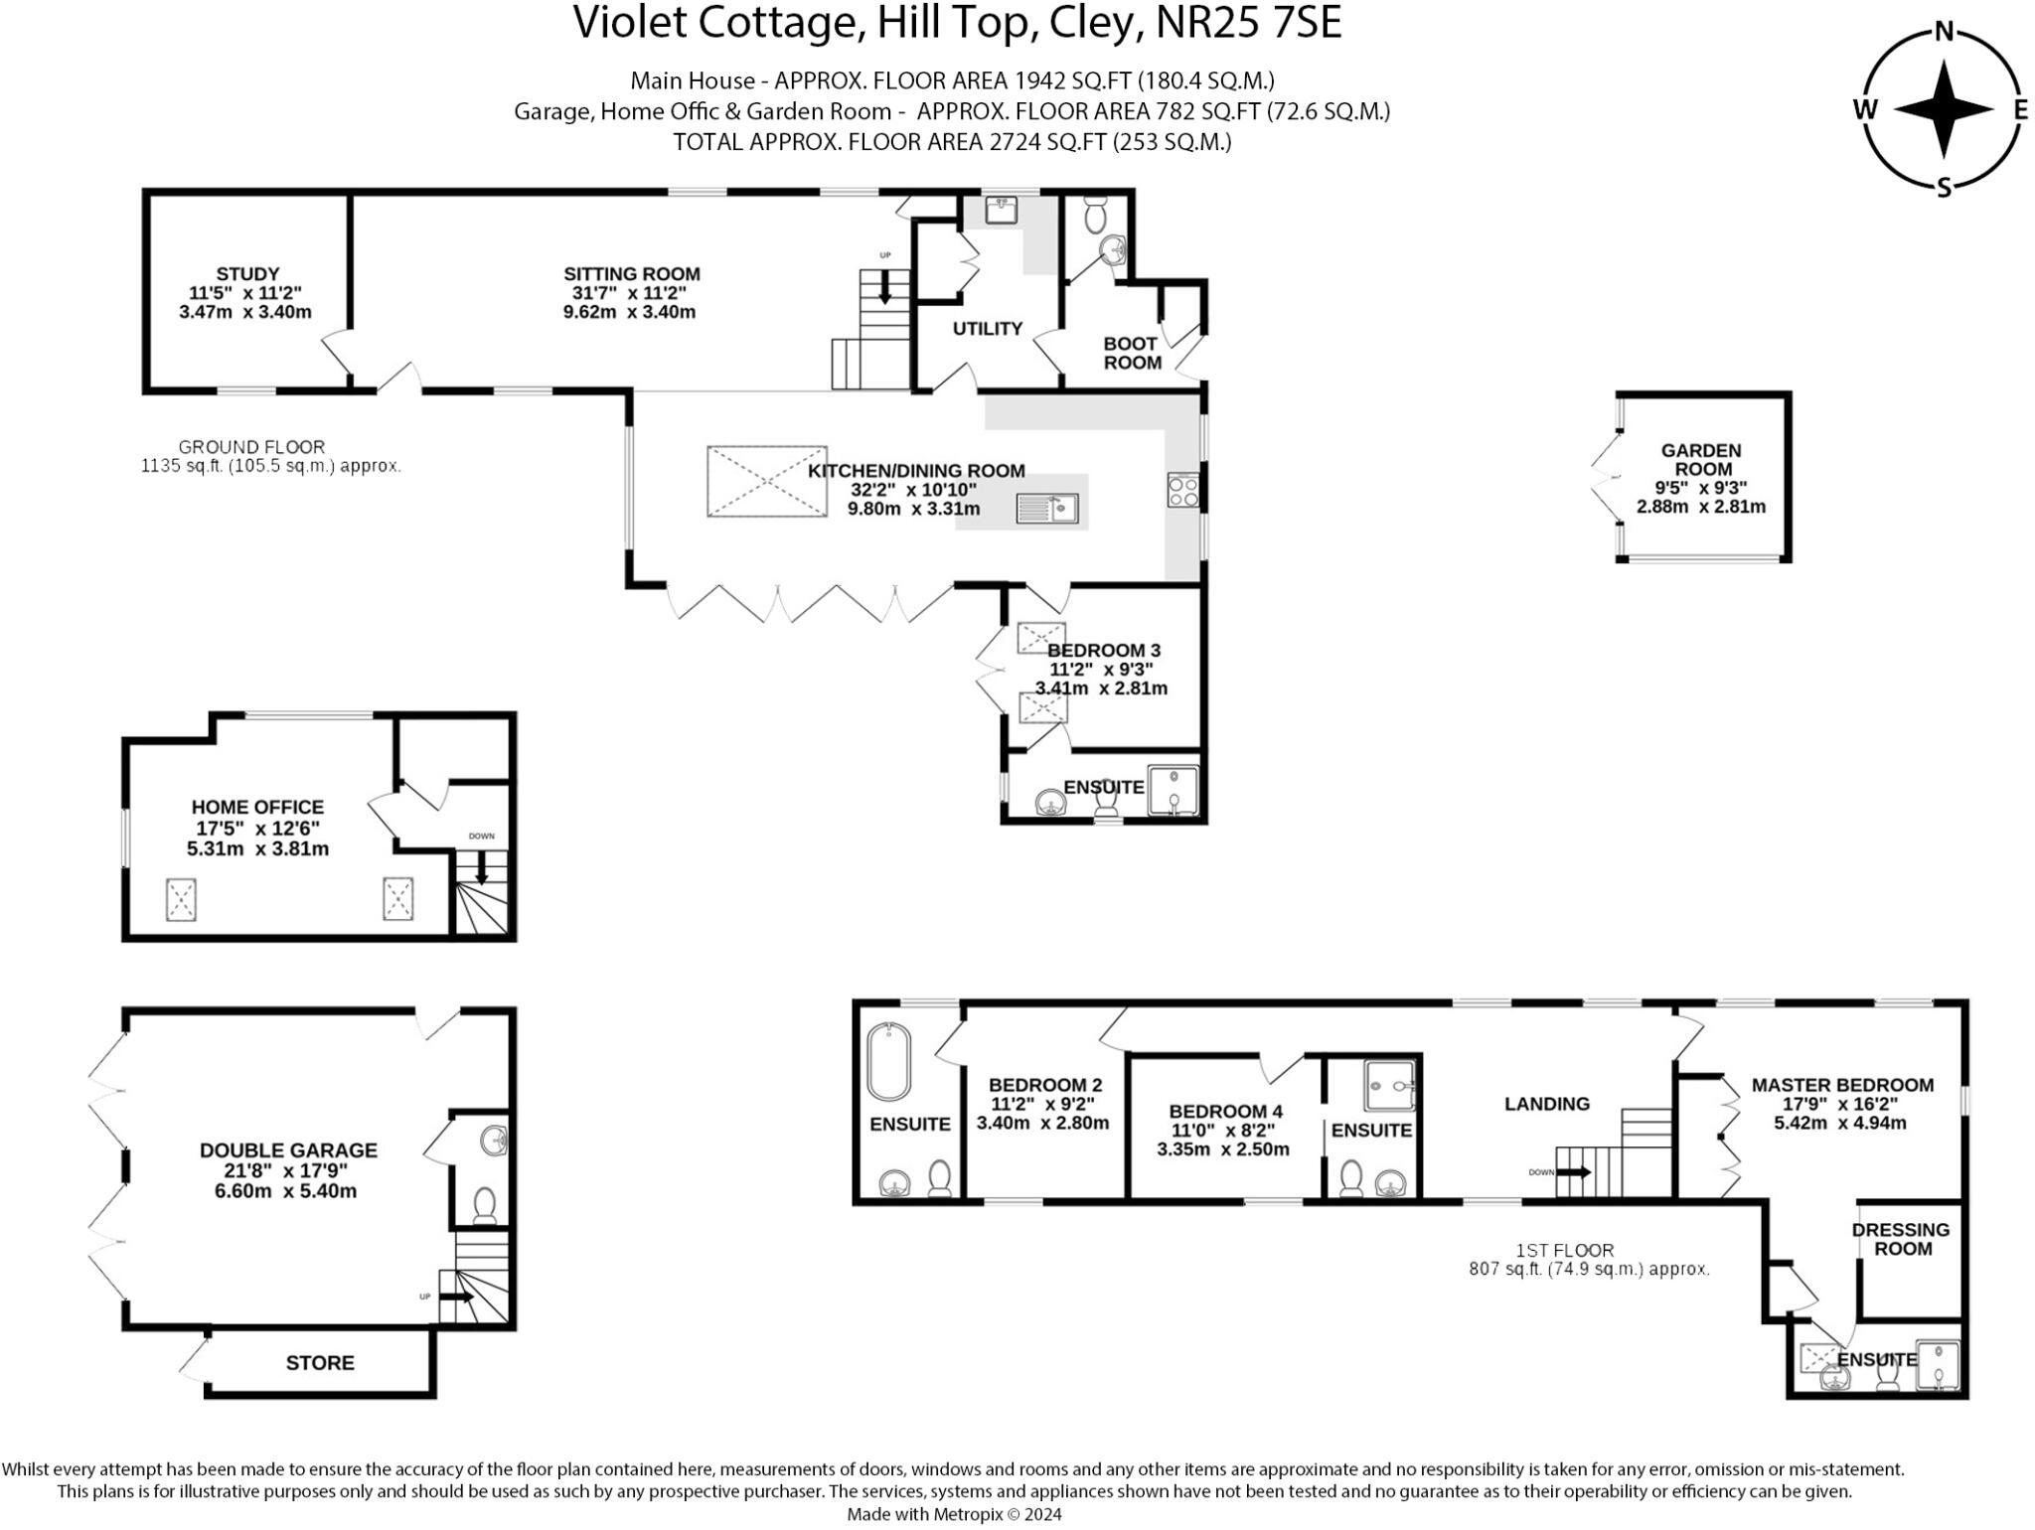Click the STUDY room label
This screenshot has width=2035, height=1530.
(x=247, y=274)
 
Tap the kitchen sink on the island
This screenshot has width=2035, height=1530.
(x=1047, y=509)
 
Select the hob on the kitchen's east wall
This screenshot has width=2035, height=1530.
(x=1183, y=491)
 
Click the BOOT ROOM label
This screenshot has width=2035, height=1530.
(x=1132, y=354)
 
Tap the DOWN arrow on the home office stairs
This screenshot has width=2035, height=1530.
(x=482, y=870)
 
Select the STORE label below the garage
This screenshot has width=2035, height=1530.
(x=320, y=1363)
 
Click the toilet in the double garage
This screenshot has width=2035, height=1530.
(x=484, y=1205)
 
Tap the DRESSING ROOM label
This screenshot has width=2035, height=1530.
(x=1902, y=1239)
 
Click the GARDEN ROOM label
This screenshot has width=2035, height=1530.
(x=1702, y=460)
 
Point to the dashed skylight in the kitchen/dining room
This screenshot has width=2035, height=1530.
(x=767, y=482)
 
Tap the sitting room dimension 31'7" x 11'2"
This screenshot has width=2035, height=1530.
(x=629, y=293)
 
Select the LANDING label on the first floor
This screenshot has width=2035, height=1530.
(x=1546, y=1104)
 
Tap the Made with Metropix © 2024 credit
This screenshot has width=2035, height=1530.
(x=954, y=1514)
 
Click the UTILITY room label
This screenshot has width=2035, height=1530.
(x=987, y=329)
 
